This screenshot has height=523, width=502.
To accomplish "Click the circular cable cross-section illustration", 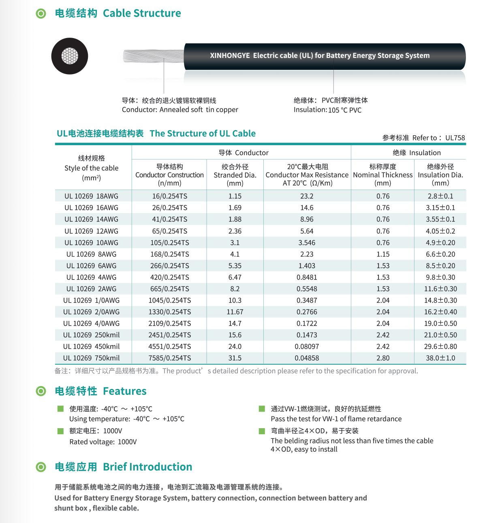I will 70,56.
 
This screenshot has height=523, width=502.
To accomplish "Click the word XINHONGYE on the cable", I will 230,56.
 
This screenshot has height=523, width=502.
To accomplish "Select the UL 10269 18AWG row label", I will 91,196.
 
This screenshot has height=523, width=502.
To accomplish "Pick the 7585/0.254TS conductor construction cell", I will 169,358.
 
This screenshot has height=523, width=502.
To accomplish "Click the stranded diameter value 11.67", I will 235,312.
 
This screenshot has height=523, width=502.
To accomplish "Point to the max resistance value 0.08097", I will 307,347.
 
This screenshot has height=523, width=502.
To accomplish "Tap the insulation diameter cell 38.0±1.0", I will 440,358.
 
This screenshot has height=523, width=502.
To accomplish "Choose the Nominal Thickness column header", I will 383,175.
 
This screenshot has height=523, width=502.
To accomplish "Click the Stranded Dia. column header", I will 235,175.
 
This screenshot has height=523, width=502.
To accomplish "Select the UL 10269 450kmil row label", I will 91,347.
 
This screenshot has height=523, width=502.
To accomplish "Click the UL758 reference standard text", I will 455,138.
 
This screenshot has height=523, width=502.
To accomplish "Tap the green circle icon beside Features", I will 41,391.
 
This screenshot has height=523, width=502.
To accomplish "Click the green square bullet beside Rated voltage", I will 60,431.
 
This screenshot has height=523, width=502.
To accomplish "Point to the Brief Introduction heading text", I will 147,467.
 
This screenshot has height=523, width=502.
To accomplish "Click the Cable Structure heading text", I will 142,13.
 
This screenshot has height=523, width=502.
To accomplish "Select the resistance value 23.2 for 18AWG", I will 307,196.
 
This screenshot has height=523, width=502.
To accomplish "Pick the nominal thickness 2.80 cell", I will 383,358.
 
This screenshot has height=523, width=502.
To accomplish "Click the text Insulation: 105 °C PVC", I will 327,110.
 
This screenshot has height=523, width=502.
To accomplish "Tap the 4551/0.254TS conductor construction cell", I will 169,347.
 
